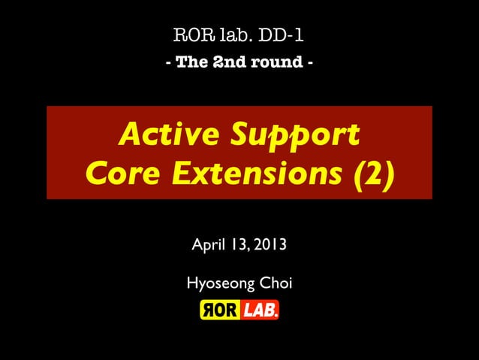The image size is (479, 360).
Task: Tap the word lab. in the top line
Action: point(239,35)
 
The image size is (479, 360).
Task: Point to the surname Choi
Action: point(276,283)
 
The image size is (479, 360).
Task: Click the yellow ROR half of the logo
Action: point(220,310)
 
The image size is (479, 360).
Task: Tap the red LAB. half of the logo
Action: point(260,310)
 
